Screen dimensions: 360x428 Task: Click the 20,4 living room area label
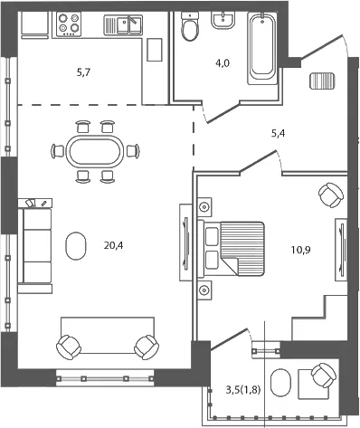pos(113,246)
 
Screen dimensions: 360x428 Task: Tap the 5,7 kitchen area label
pos(83,72)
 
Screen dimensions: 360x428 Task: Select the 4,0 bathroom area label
pos(223,63)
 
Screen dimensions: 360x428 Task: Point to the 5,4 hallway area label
pos(278,133)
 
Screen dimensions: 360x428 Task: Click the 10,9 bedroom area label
pos(301,250)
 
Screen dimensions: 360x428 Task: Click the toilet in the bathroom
pos(190,26)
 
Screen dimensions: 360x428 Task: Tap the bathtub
pos(262,48)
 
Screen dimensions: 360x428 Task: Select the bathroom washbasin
pos(223,20)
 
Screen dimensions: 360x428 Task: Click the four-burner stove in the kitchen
pos(69,24)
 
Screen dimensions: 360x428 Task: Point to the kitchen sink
pos(123,25)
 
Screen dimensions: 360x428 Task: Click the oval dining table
pos(95,151)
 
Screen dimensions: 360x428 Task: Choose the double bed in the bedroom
pos(232,249)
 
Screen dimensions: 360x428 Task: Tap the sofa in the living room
pos(34,246)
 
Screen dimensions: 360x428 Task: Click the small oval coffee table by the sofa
pos(76,246)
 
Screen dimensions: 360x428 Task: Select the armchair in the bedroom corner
pos(331,195)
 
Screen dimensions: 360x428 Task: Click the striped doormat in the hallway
pos(322,81)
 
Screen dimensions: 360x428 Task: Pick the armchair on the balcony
pos(324,375)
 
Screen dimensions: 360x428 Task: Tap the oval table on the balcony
pos(281,383)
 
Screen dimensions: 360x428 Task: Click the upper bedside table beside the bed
pos(204,207)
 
